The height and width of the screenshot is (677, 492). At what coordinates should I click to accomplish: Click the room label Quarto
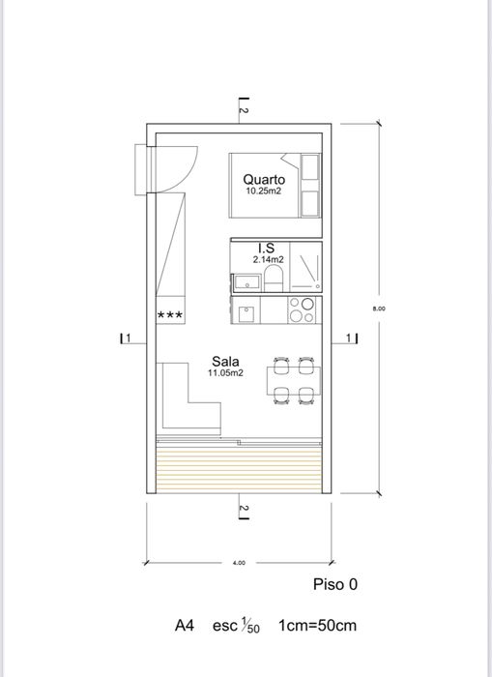264,179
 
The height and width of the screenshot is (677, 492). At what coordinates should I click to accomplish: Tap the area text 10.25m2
264,191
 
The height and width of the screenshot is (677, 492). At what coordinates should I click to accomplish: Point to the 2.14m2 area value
268,260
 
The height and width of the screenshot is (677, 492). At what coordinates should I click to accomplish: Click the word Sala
225,360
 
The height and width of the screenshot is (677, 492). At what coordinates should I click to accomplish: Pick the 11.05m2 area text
225,372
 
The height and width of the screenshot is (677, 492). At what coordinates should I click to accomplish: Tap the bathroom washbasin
246,282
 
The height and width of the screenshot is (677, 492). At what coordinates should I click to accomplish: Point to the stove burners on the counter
302,309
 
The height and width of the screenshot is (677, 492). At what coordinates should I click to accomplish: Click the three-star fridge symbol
170,315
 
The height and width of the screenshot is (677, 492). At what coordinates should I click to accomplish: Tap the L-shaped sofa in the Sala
184,401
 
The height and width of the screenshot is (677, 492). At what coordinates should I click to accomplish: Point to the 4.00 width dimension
239,562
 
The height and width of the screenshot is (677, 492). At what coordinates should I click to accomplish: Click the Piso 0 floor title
335,585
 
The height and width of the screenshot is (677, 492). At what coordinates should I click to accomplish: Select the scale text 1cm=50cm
317,626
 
